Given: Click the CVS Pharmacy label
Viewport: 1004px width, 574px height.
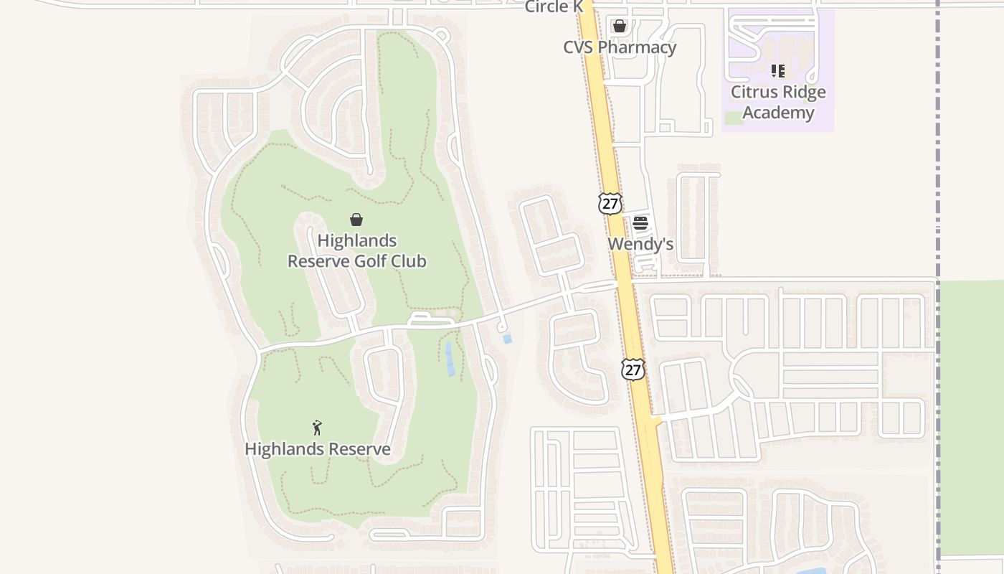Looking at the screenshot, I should (620, 47).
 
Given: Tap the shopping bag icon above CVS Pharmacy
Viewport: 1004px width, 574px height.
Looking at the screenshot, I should (620, 26).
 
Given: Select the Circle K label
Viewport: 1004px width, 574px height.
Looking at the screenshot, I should (555, 7).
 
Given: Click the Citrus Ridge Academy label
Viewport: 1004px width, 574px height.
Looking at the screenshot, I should (778, 102).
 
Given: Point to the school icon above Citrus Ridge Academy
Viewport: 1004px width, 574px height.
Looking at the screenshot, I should (778, 71).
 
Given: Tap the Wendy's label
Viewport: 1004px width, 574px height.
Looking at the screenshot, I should (640, 244).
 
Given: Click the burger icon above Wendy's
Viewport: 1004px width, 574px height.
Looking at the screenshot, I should (640, 223).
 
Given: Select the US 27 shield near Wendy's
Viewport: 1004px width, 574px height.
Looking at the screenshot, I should (610, 204).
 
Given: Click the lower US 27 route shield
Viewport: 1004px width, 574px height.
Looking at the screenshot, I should (633, 370).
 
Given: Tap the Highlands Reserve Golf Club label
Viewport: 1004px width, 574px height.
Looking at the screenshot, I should (356, 250).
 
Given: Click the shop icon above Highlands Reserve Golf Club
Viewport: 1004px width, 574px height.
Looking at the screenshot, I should (356, 220).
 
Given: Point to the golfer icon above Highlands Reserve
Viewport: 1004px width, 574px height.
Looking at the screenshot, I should (317, 428).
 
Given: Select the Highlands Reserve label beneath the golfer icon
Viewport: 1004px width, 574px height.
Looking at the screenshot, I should (318, 449).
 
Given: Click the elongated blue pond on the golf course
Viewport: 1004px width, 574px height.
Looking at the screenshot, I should (450, 359).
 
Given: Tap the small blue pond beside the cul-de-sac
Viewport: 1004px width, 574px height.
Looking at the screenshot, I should (508, 339).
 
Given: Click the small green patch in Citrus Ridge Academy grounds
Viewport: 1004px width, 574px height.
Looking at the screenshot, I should (733, 118).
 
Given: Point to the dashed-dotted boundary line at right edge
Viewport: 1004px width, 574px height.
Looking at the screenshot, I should (937, 143).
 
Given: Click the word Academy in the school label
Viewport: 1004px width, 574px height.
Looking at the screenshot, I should (778, 113).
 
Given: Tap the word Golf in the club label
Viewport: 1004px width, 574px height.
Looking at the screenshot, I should (371, 260).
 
